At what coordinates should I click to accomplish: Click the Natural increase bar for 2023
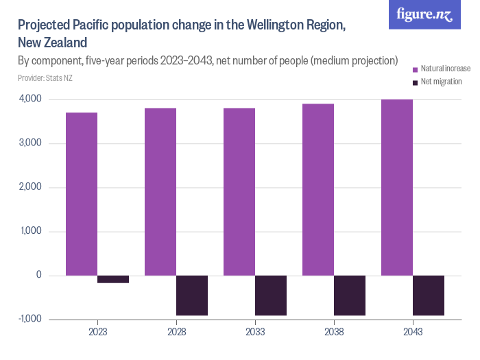click(82, 194)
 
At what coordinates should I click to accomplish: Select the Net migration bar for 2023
click(113, 279)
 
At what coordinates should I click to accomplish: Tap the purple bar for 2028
click(160, 192)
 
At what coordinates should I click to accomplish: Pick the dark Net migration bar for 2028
click(192, 295)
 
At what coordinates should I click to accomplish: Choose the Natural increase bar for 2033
click(239, 192)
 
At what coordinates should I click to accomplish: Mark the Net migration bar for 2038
click(350, 295)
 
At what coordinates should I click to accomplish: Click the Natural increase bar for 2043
click(397, 187)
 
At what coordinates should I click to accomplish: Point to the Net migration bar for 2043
click(429, 295)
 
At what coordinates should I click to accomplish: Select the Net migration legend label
click(441, 82)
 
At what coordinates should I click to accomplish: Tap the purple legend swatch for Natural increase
click(414, 69)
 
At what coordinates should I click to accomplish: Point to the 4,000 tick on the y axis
click(29, 99)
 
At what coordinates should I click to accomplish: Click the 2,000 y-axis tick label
click(29, 187)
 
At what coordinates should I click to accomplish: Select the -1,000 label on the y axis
click(28, 319)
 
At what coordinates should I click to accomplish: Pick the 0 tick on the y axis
click(38, 275)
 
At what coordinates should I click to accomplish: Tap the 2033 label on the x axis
click(255, 331)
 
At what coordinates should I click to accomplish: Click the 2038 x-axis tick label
click(334, 331)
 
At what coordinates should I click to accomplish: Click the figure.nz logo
click(424, 14)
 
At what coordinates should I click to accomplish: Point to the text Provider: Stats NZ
click(45, 77)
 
